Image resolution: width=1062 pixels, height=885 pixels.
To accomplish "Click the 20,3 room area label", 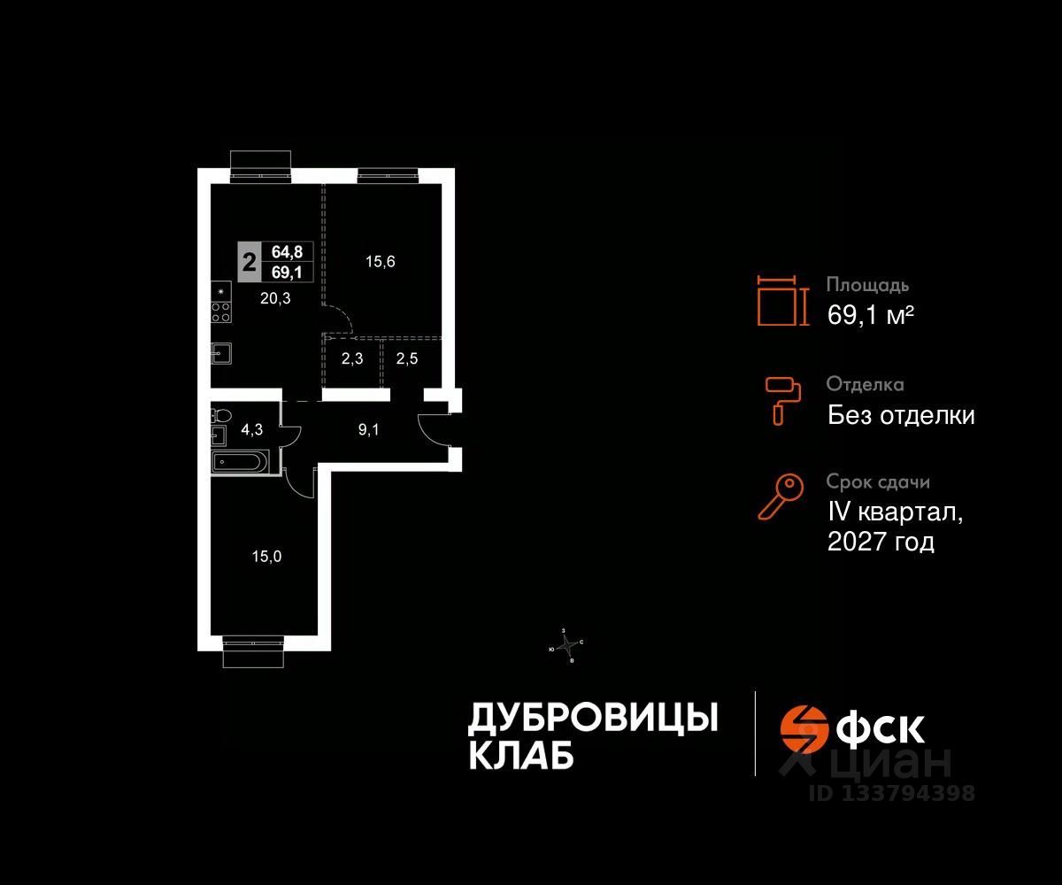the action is [275, 299].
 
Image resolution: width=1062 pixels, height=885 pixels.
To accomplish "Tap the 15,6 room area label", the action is [381, 261].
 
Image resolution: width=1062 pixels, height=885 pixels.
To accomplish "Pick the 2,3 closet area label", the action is [350, 360].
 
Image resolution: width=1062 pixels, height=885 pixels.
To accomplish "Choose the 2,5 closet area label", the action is [406, 360].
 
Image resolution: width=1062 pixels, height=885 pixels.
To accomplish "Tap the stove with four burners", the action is [221, 311].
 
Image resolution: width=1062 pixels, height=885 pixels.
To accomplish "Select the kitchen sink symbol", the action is [221, 353].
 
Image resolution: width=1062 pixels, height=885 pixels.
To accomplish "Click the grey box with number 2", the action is [250, 262].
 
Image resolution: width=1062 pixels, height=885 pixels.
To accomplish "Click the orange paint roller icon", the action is [782, 399].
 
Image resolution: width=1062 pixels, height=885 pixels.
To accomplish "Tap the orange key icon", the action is [781, 496].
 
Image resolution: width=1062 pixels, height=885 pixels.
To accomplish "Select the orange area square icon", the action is [783, 301].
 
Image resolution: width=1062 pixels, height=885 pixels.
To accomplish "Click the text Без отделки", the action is [901, 415].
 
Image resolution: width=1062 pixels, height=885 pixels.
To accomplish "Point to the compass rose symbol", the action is [566, 645].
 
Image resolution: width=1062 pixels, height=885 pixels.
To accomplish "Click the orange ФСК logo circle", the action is [802, 727].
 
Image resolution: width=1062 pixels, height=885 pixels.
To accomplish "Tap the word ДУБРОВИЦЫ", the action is [592, 719].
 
